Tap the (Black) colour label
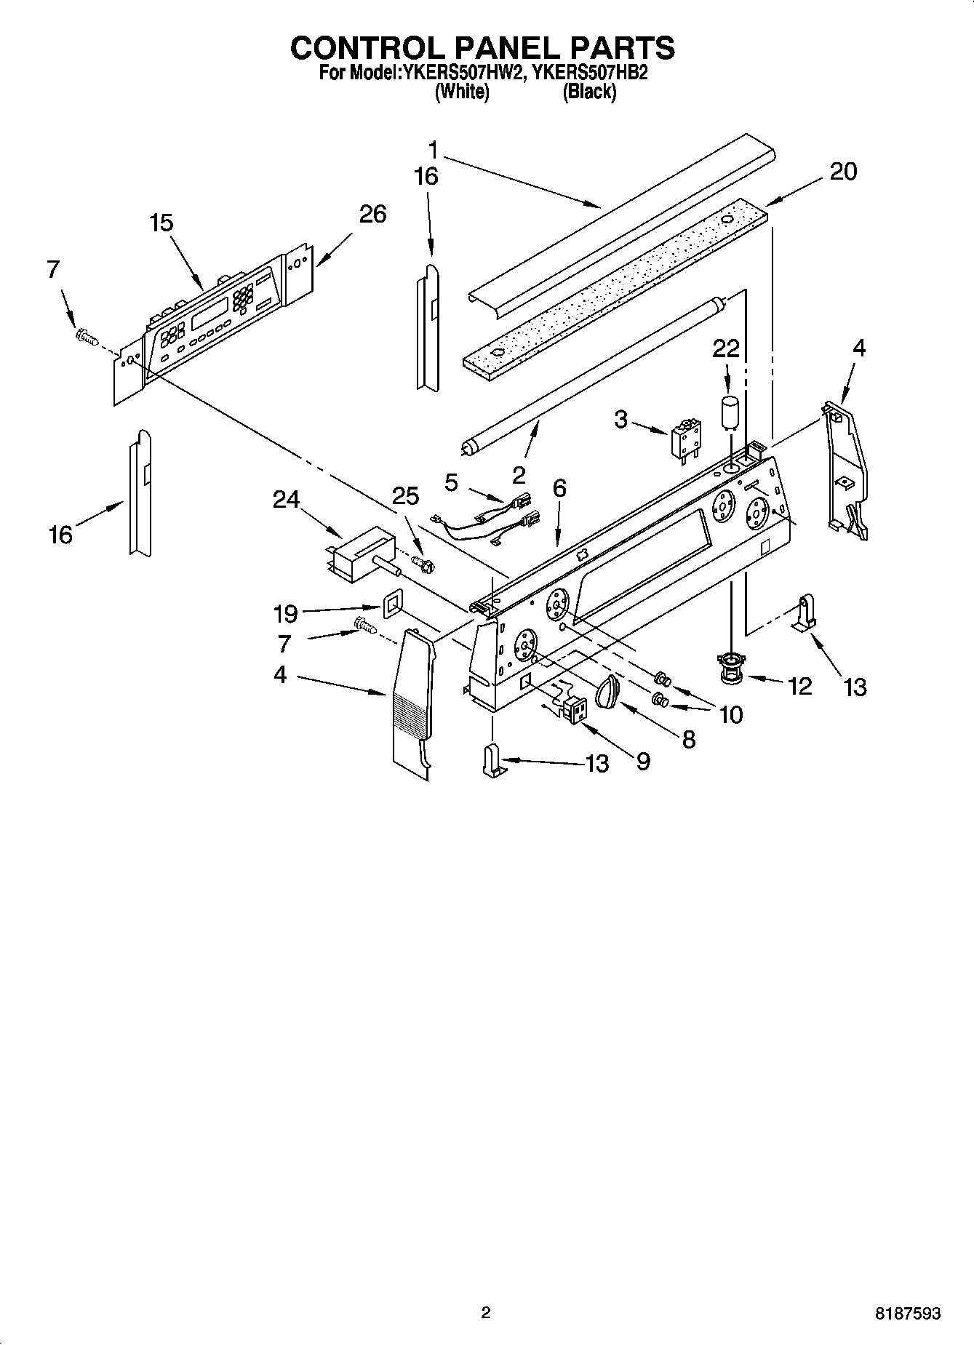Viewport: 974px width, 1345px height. [589, 92]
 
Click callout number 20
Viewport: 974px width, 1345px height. [843, 172]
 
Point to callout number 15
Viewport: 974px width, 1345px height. [161, 223]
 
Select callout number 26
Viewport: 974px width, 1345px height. [372, 214]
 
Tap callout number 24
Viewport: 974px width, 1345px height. [287, 499]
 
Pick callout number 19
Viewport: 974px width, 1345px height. [286, 614]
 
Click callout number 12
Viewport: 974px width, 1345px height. [799, 685]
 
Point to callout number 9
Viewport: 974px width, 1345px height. [643, 762]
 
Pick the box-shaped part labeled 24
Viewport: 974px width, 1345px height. [362, 554]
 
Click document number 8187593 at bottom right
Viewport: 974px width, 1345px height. [908, 1313]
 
